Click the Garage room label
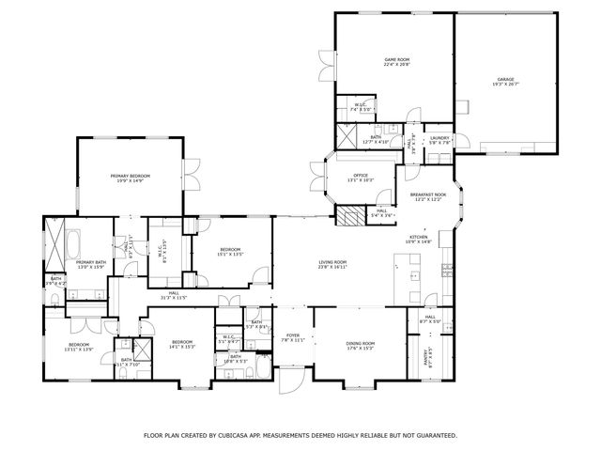tap(505, 79)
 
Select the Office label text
tap(360, 175)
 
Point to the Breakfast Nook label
tap(426, 195)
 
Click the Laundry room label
tap(439, 138)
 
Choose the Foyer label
tap(293, 334)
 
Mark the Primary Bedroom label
tap(130, 176)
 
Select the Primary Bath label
tap(91, 262)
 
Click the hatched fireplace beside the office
tap(349, 217)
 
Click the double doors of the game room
tap(324, 66)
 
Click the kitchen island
tap(409, 281)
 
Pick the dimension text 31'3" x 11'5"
tap(174, 298)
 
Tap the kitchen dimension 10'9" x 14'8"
tap(418, 242)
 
